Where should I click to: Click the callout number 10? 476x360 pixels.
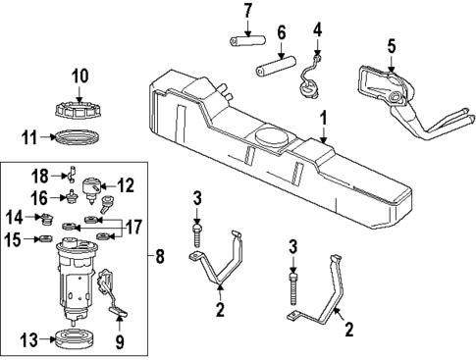point(79,74)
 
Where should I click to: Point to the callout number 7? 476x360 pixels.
point(247,12)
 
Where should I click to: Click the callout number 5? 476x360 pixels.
point(391,45)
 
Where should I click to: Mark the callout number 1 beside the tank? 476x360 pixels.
point(321,119)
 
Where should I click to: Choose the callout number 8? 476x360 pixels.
point(162,259)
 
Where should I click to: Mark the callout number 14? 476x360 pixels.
point(15,217)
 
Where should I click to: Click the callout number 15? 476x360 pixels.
point(15,239)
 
